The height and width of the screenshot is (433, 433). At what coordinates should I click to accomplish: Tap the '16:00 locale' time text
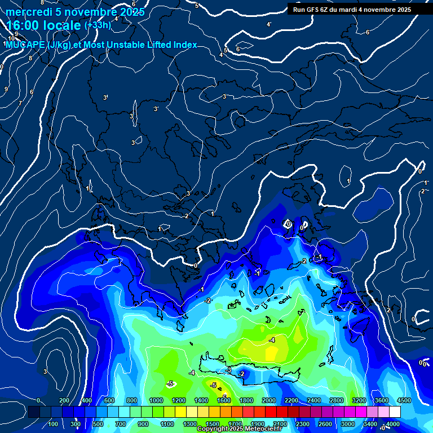pyautogui.click(x=43, y=25)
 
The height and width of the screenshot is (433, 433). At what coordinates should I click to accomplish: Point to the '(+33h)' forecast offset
pyautogui.click(x=98, y=25)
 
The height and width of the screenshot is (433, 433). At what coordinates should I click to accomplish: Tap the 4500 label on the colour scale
pyautogui.click(x=404, y=400)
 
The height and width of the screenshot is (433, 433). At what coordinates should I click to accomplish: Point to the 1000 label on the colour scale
pyautogui.click(x=156, y=400)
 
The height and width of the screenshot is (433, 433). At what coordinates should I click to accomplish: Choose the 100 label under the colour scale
pyautogui.click(x=54, y=423)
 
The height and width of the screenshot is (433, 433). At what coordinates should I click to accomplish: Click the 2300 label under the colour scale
pyautogui.click(x=302, y=423)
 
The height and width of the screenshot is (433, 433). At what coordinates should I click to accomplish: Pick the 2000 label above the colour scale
pyautogui.click(x=269, y=400)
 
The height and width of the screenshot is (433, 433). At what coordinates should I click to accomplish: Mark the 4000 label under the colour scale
pyautogui.click(x=393, y=423)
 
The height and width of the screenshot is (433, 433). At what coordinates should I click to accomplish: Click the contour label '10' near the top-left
pyautogui.click(x=11, y=38)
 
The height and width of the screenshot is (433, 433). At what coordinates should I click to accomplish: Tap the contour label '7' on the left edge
pyautogui.click(x=20, y=103)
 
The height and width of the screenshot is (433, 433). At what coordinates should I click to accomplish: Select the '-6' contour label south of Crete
pyautogui.click(x=224, y=396)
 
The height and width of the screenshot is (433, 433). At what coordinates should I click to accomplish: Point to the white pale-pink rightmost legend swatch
pyautogui.click(x=395, y=412)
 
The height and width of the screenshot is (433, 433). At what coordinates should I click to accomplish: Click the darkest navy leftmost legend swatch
pyautogui.click(x=33, y=412)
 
